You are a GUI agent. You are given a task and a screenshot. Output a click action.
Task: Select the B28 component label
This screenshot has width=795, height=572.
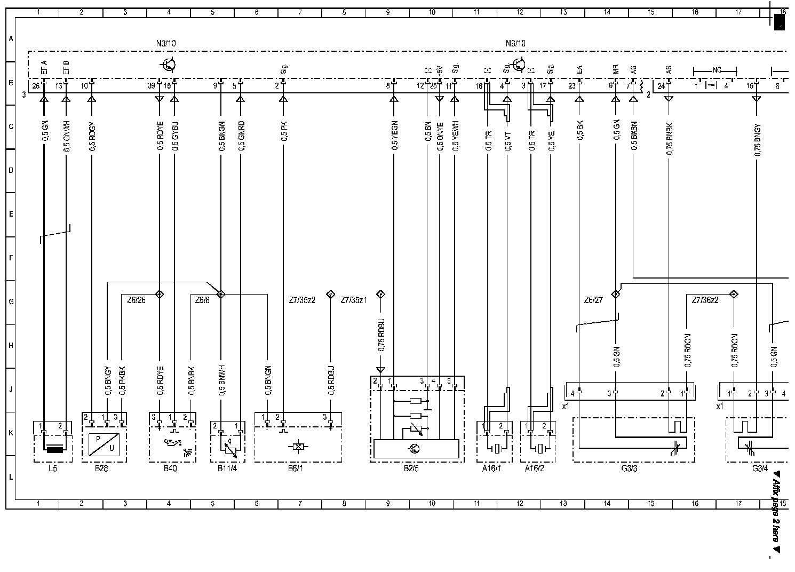coord(104,469)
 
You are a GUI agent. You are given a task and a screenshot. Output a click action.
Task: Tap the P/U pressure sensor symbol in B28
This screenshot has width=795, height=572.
coord(104,444)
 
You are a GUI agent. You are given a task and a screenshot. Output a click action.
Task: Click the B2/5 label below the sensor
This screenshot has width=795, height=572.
coord(416,469)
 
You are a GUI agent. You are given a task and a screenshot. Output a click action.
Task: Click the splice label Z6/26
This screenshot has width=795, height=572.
coord(136,300)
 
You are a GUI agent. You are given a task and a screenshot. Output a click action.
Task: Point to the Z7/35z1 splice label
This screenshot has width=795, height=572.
coord(353,300)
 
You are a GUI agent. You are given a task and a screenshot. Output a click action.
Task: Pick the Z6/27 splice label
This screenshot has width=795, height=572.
coord(593,300)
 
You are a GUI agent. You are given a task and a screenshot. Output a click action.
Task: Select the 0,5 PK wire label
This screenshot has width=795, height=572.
coord(285,131)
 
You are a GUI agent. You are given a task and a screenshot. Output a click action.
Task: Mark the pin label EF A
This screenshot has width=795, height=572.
coord(44,69)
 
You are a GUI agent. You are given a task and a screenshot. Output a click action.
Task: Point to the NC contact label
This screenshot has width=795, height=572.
coord(715,70)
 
